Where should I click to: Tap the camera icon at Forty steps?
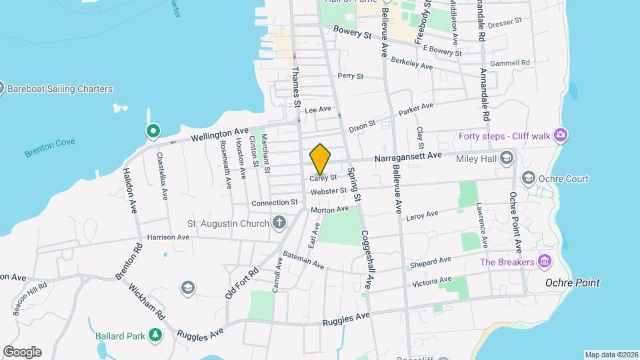[560, 136]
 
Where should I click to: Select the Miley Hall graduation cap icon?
[507, 158]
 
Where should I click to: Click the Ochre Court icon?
[529, 178]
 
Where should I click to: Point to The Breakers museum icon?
[545, 261]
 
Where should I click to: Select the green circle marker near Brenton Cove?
[153, 131]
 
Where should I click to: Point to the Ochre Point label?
[572, 283]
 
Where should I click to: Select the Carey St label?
[323, 178]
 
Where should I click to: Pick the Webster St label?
[329, 191]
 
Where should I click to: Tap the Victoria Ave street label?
[433, 281]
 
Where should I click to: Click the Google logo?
[22, 351]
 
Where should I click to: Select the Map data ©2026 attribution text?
[611, 354]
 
